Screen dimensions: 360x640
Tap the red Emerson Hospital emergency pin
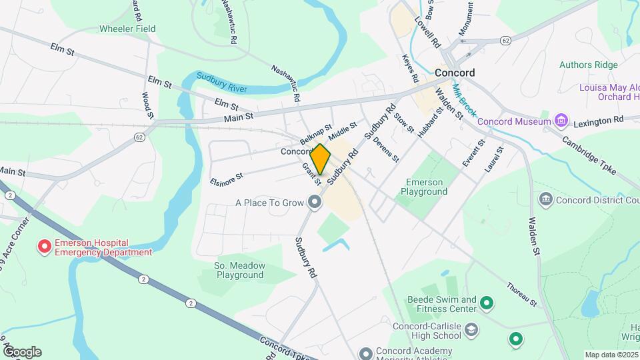coord(45,247)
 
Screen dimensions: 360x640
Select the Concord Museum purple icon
coord(561,121)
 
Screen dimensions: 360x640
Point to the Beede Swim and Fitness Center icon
coord(487,304)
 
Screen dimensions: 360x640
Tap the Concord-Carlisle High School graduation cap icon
coord(471,330)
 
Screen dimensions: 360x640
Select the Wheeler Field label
coord(127,29)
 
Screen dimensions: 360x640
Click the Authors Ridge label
coord(588,65)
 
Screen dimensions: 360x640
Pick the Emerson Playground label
coord(423,187)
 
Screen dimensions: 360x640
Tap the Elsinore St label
coord(226,177)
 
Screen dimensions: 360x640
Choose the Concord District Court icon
coord(545,199)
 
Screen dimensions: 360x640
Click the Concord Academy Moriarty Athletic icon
coord(365,353)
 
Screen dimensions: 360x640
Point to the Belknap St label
coord(315,135)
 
